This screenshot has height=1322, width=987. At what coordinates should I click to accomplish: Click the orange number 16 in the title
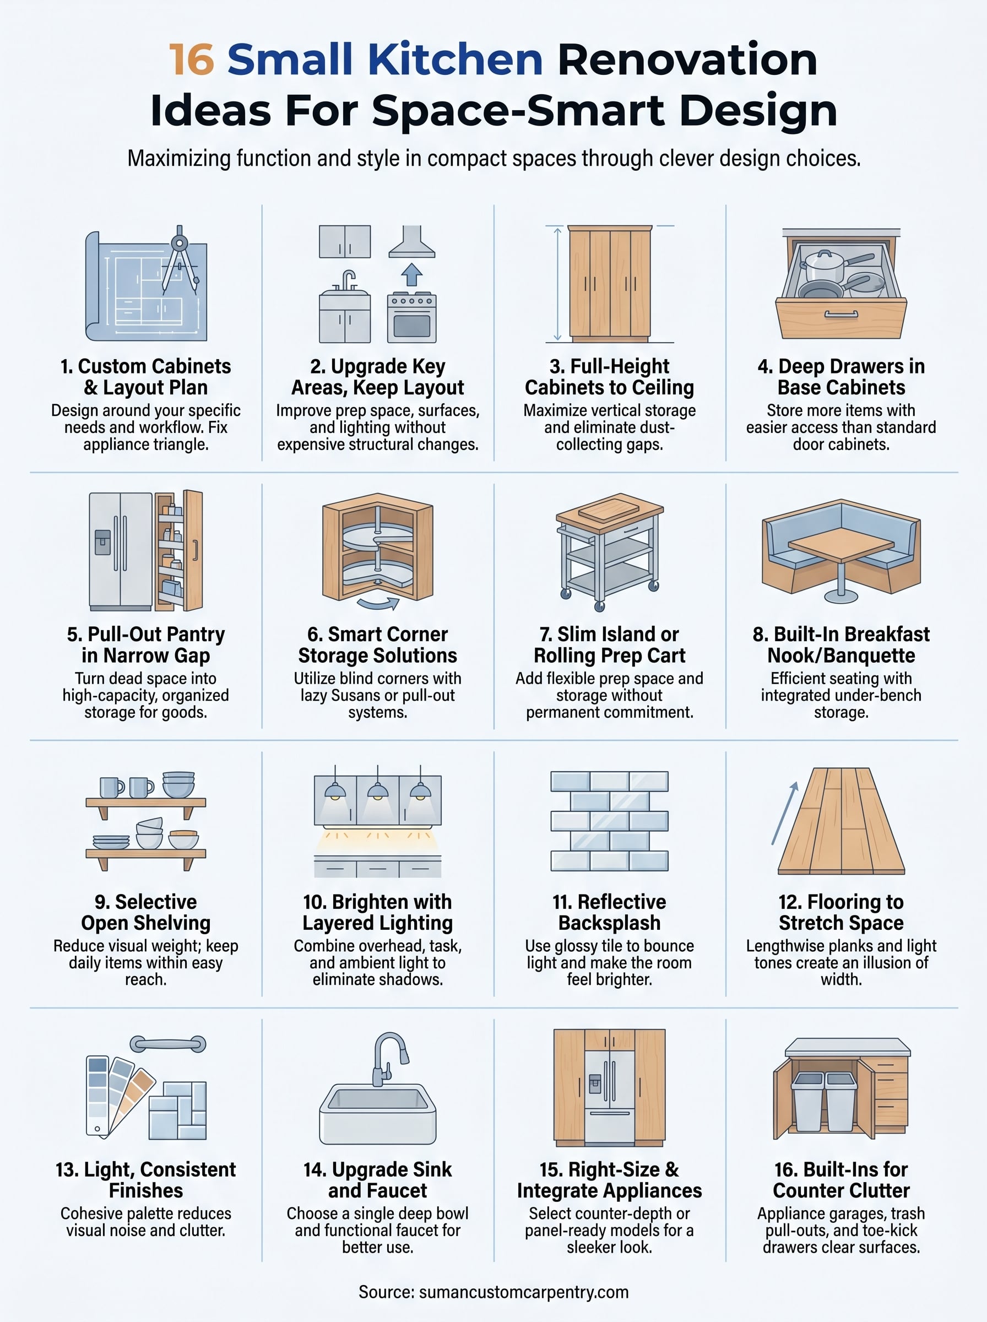coord(191,59)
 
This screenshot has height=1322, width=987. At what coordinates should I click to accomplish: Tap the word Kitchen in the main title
coord(454,59)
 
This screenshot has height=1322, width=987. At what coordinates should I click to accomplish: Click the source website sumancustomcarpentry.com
coord(523,1292)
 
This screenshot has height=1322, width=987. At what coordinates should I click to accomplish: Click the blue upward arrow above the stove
coord(411,274)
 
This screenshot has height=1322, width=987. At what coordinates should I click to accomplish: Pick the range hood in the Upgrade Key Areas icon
coord(411,242)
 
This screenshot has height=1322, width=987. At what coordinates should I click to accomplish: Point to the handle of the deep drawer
coord(840,314)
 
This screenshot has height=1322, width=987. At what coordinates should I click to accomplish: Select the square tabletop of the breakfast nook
coord(841,544)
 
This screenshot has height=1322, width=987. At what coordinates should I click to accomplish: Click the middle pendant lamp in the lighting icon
coord(378,791)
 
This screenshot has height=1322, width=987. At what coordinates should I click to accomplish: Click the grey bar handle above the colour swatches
coord(168,1044)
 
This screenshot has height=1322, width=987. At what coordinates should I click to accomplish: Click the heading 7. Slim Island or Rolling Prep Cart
coord(609,644)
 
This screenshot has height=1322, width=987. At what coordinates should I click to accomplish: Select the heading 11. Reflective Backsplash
coord(609,912)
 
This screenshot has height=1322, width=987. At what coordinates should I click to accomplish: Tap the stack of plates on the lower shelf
coord(111,842)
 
